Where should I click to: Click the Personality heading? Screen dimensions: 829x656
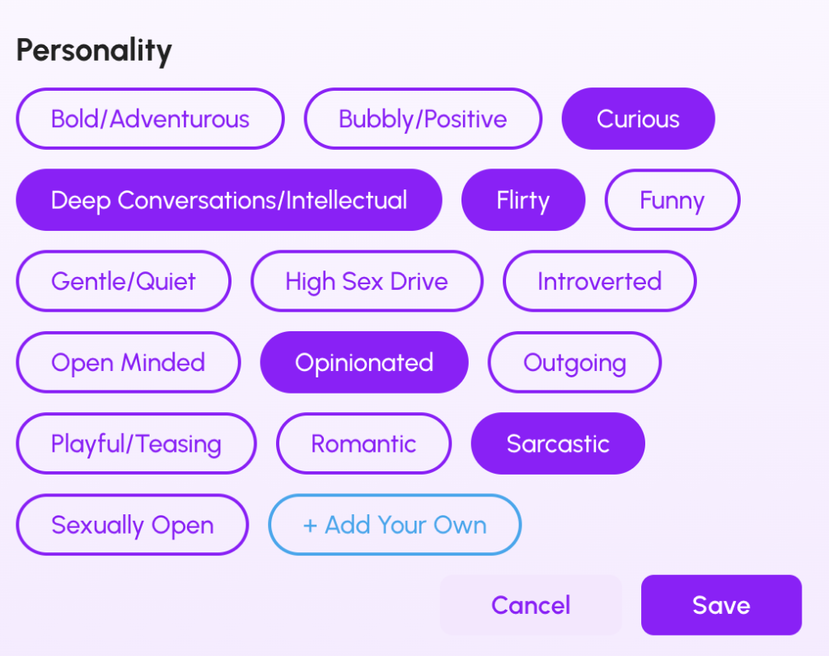tap(94, 51)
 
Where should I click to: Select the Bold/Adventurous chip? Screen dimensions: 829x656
tap(150, 118)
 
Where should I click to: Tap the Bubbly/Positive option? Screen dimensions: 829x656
tap(423, 118)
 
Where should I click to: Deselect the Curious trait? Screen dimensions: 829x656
tap(638, 118)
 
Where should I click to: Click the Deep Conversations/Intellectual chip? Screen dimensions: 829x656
tap(229, 200)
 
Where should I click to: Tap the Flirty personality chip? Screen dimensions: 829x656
tap(524, 200)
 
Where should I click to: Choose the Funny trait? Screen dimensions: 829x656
tap(672, 200)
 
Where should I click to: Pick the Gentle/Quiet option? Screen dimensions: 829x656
tap(124, 282)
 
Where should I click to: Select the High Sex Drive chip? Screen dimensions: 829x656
tap(367, 282)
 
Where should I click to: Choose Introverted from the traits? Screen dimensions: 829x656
tap(600, 282)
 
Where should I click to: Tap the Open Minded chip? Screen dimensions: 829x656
tap(129, 362)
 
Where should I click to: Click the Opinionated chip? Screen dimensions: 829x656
tap(364, 362)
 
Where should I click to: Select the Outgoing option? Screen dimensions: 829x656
tap(575, 362)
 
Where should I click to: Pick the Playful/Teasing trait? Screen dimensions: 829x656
tap(136, 443)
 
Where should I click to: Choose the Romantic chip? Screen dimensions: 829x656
tap(363, 443)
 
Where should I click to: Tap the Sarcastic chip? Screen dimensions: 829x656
tap(559, 443)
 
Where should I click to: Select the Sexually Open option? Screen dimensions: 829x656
tap(133, 525)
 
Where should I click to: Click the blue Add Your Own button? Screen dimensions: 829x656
tap(395, 525)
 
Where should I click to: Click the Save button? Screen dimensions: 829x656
tap(721, 605)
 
